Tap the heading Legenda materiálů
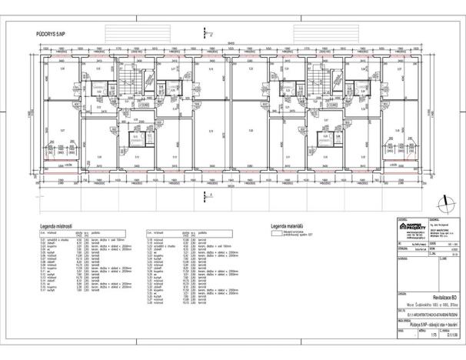288,226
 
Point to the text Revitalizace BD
425,296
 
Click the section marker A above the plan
205,33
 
